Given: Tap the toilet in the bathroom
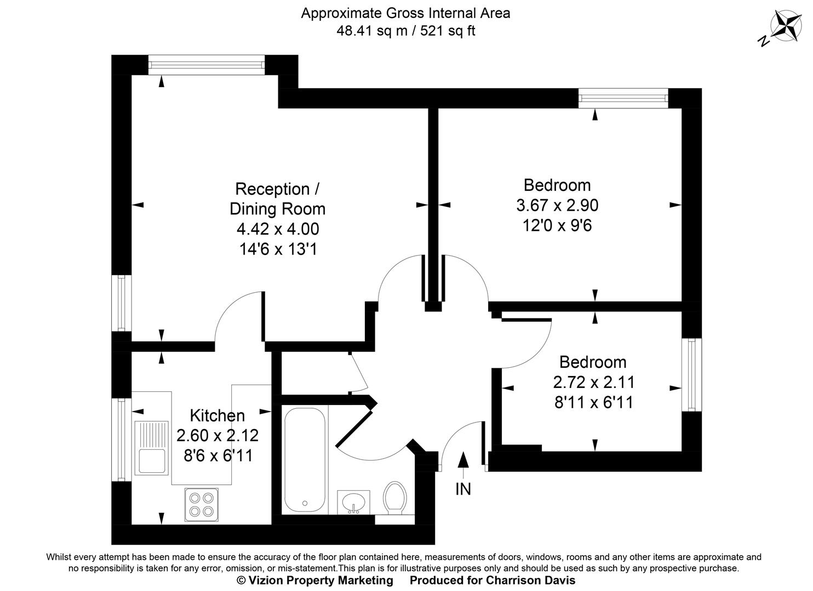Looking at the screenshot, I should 394,497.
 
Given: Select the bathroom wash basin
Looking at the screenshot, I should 353,502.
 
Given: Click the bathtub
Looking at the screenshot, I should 305,460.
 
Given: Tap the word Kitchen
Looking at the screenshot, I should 217,415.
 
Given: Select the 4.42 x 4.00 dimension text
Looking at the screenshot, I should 277,229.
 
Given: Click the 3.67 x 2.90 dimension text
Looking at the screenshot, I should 557,205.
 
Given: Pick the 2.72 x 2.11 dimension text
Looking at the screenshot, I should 593,382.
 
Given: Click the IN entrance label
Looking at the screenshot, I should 463,489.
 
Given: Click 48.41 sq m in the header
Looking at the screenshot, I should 371,31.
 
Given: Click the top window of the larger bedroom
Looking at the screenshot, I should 623,99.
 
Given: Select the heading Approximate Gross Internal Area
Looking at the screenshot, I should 405,13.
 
